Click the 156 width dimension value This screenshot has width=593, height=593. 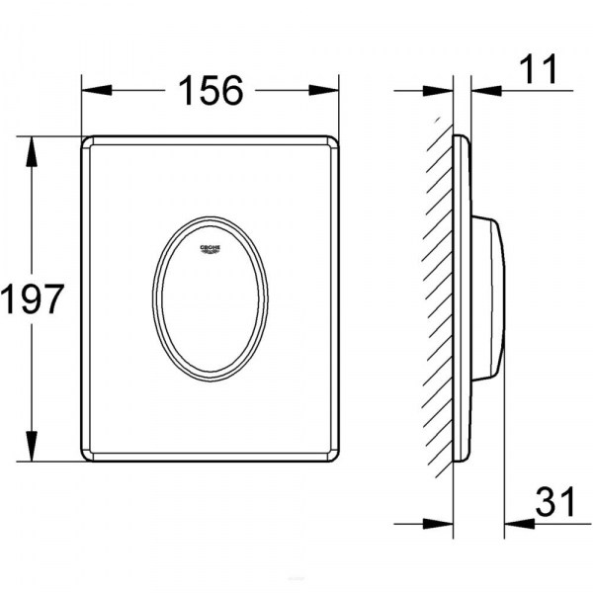(x=210, y=91)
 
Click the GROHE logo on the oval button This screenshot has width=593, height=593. (x=211, y=247)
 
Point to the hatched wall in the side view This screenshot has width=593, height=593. (x=440, y=296)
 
